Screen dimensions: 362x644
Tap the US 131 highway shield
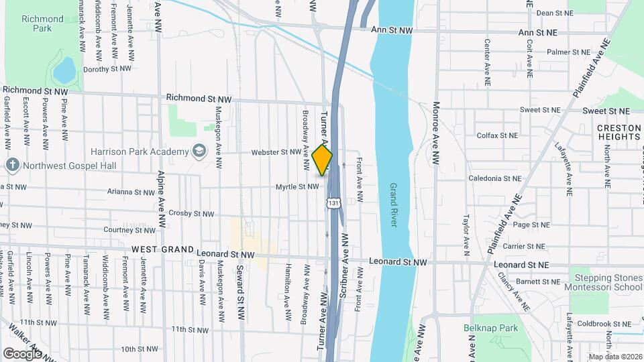tap(333, 202)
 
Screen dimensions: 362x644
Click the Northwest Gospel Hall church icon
tap(13, 165)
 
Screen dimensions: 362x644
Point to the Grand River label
tap(394, 204)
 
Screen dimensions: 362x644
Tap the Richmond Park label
tap(37, 23)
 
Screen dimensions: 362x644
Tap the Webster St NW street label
tap(274, 152)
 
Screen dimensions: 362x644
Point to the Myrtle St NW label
tap(297, 187)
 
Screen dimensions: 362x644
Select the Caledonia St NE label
tap(494, 179)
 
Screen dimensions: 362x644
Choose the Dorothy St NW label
tap(105, 68)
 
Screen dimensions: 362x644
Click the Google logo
tap(22, 353)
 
